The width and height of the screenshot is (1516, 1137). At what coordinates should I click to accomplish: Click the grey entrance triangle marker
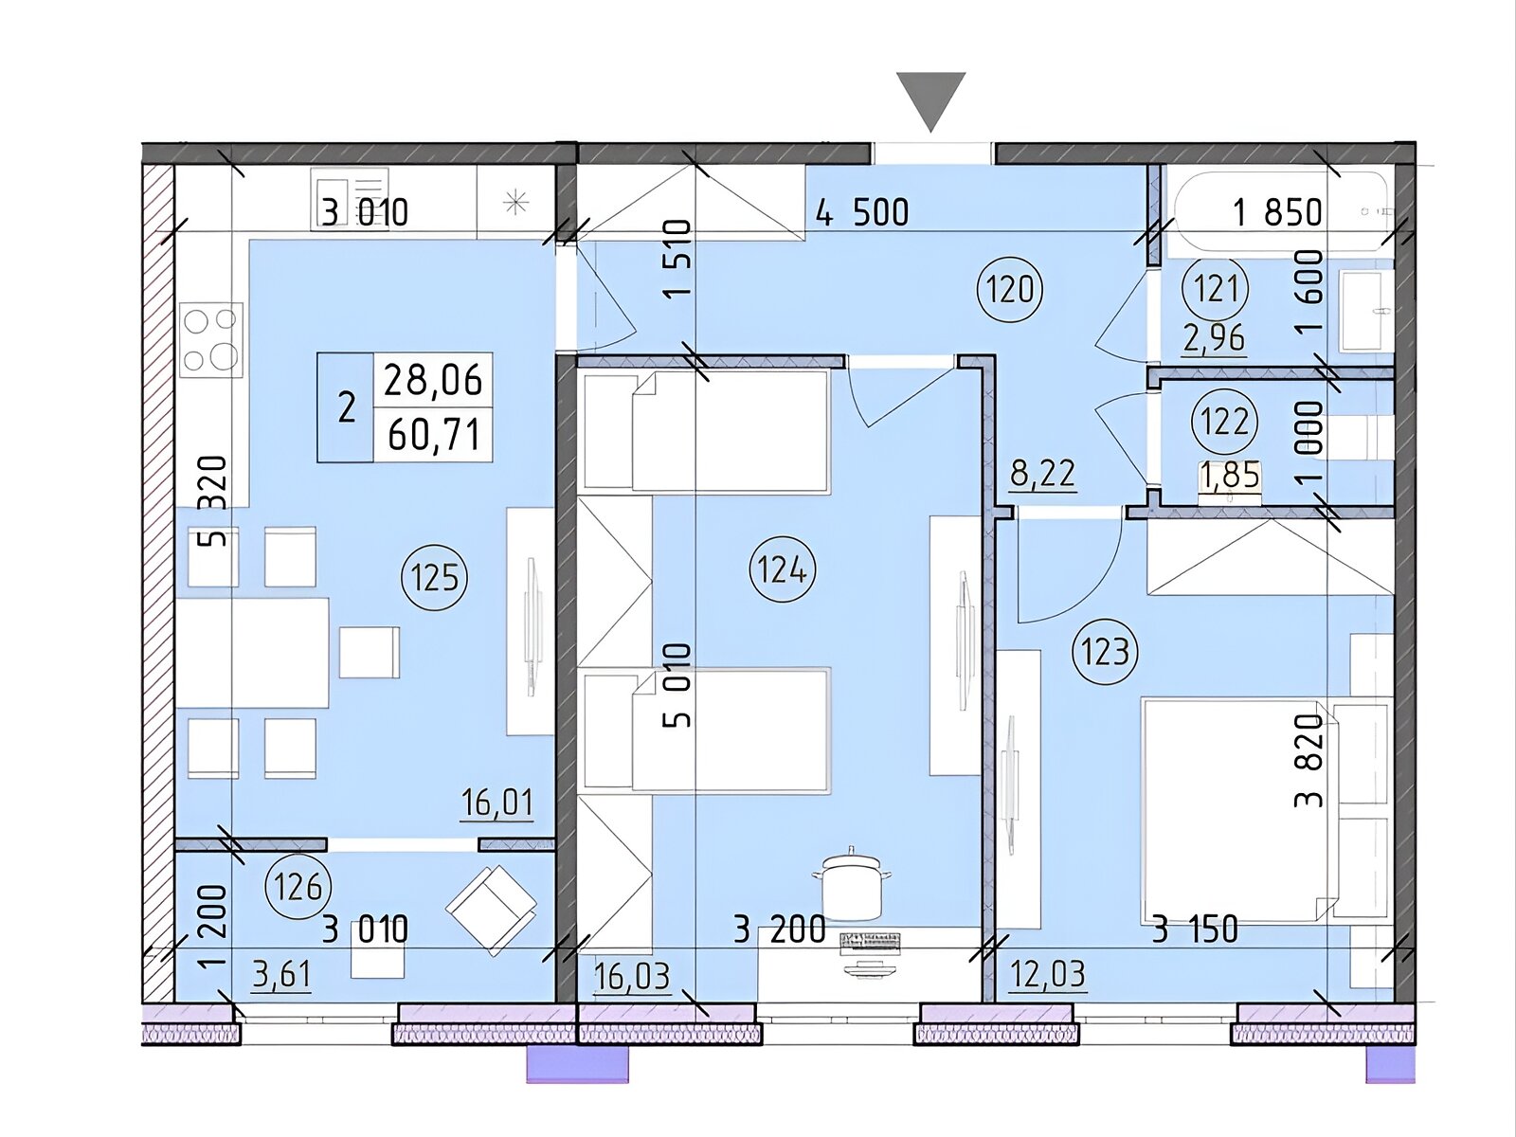[931, 100]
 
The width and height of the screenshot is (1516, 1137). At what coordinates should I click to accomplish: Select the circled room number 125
[434, 576]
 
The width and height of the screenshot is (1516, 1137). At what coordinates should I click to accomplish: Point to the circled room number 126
[298, 888]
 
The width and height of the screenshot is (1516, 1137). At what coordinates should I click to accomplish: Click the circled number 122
[1225, 422]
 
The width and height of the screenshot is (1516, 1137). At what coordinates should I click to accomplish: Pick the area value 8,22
[1042, 475]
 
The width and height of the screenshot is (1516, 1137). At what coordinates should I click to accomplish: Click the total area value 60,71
[433, 435]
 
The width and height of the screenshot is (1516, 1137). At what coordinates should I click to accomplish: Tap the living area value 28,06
[433, 380]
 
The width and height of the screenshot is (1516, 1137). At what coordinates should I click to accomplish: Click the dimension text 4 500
[862, 212]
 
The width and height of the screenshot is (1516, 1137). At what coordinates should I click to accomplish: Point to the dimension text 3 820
[1309, 760]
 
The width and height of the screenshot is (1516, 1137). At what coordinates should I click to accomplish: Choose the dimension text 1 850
[1277, 212]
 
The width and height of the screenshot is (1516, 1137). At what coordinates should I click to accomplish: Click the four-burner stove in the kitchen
[211, 339]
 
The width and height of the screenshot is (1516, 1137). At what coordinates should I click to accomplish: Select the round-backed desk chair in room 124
[852, 886]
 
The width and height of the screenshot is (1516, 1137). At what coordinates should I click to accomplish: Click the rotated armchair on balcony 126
[492, 910]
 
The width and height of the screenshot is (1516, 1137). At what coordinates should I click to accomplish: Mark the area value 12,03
[1047, 976]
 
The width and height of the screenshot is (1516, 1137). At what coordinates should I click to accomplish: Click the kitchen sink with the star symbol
[516, 202]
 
